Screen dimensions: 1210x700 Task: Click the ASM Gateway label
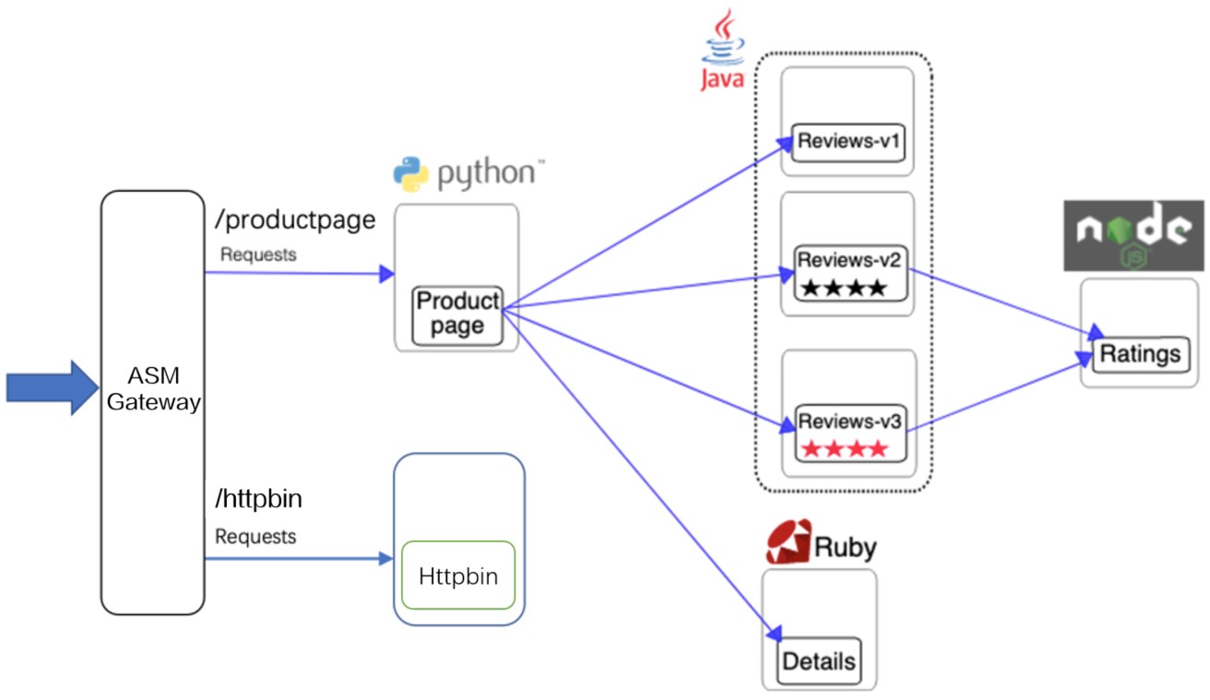tap(153, 388)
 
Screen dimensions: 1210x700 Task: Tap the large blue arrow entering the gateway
tap(53, 387)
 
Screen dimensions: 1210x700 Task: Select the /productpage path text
tap(295, 220)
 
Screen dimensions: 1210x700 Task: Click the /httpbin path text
tap(259, 499)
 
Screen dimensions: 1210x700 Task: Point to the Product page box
tap(457, 316)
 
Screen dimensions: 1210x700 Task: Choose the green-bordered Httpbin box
tap(458, 575)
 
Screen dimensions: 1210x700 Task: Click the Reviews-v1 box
tap(848, 142)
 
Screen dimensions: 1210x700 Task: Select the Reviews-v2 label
tap(849, 260)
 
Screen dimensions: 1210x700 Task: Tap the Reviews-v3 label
tap(850, 421)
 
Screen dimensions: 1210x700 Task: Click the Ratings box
tap(1141, 354)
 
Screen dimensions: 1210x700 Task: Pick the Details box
tap(819, 661)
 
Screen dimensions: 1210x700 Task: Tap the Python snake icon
tap(410, 174)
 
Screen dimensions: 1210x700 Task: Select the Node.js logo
tap(1133, 235)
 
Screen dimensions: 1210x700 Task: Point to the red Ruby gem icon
tap(789, 541)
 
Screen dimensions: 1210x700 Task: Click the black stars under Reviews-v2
tap(844, 288)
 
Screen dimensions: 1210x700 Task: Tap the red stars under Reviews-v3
tap(845, 448)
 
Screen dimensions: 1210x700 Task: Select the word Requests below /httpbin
tap(255, 537)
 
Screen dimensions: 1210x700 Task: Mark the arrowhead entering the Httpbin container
tap(386, 559)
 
